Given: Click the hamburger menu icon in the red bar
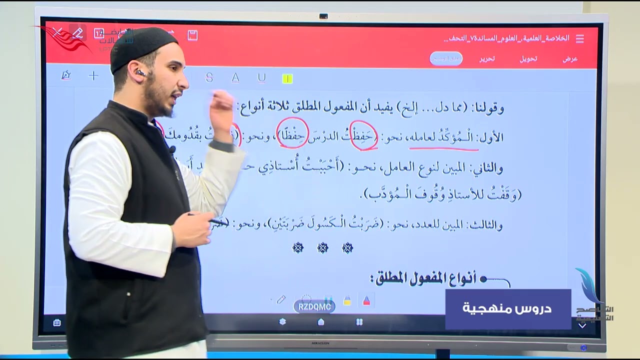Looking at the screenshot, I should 580,38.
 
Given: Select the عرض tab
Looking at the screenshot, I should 570,58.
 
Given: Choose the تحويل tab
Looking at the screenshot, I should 528,58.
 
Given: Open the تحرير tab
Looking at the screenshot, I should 487,58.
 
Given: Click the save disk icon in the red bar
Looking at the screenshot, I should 192,35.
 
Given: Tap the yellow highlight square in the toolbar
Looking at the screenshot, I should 287,78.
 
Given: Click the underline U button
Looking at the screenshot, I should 261,77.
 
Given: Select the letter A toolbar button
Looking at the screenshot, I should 235,77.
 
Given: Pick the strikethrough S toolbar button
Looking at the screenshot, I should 209,77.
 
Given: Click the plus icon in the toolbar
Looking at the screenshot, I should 93,75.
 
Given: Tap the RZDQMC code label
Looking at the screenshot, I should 314,306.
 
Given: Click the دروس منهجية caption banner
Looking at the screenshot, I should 507,308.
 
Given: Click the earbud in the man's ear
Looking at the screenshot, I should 140,73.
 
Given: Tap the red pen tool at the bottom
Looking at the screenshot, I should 366,300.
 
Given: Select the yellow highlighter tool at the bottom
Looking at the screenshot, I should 347,300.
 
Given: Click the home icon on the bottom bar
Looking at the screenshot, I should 321,322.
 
